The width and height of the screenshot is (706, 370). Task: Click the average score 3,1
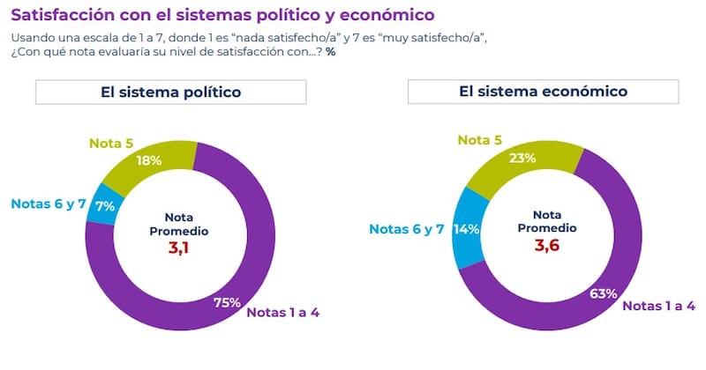tap(179, 248)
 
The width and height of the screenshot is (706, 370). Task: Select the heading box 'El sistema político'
tap(171, 92)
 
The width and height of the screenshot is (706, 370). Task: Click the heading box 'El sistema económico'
tap(543, 92)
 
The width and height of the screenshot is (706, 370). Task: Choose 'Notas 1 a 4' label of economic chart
tap(659, 306)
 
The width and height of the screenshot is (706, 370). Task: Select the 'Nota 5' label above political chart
tap(111, 141)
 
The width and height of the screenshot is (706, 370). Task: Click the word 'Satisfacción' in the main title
tap(59, 16)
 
